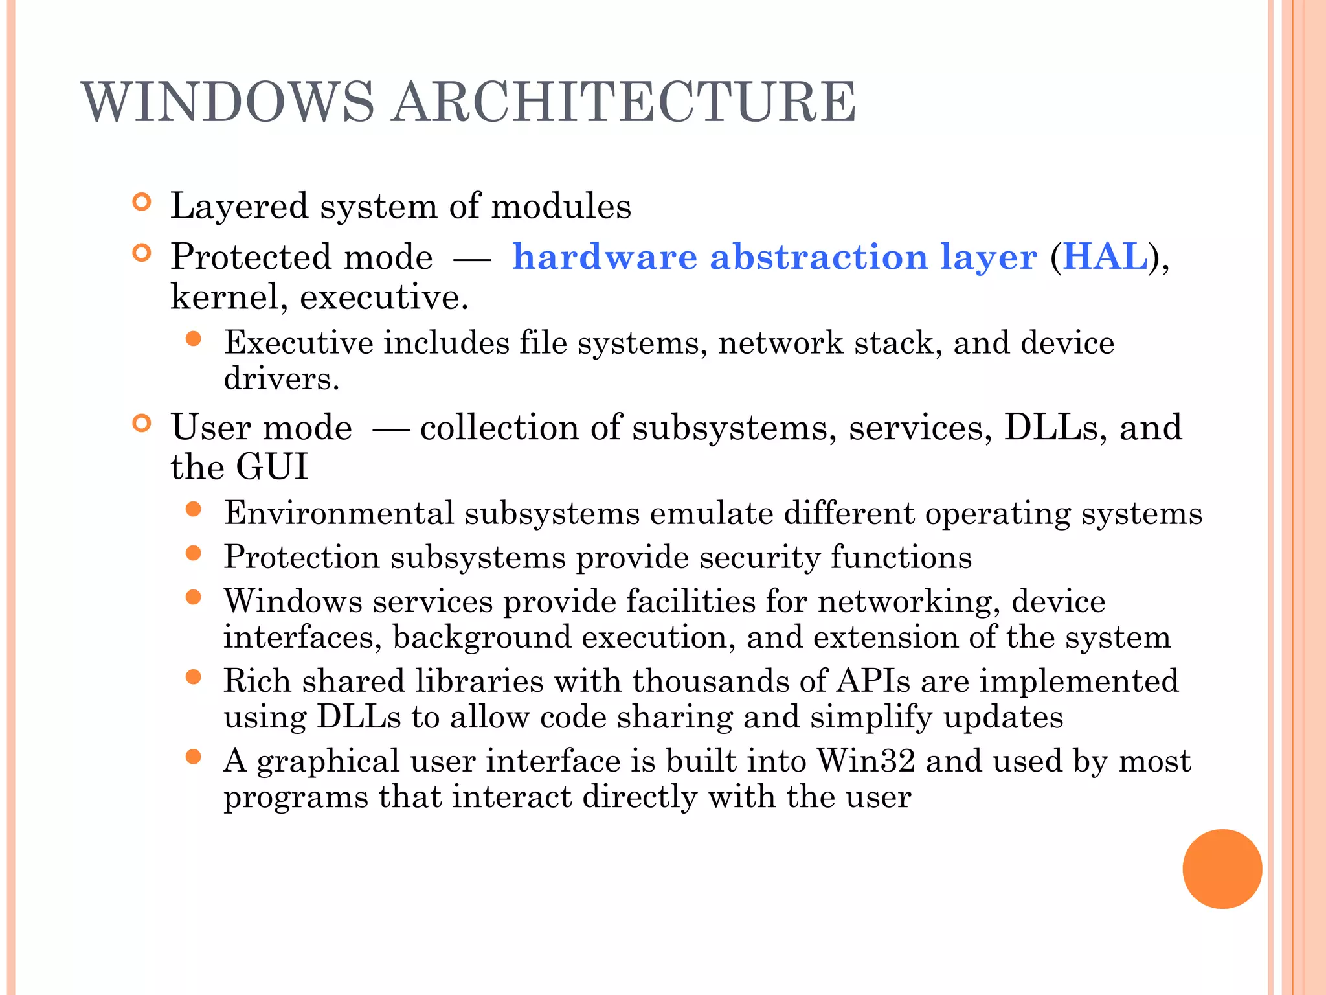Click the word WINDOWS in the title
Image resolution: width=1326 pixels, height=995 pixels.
pyautogui.click(x=228, y=102)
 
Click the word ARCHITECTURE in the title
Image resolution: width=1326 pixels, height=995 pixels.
pyautogui.click(x=625, y=102)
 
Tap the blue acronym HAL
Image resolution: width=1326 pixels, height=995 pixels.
pyautogui.click(x=1105, y=257)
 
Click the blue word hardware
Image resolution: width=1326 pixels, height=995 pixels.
pyautogui.click(x=605, y=257)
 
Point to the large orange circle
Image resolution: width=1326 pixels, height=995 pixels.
pyautogui.click(x=1222, y=869)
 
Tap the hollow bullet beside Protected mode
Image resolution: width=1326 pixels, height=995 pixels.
pyautogui.click(x=141, y=253)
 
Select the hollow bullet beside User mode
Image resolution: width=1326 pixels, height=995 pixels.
pyautogui.click(x=141, y=424)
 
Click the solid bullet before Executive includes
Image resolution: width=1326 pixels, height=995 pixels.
pyautogui.click(x=193, y=339)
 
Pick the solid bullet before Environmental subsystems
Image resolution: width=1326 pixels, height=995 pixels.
pyautogui.click(x=193, y=509)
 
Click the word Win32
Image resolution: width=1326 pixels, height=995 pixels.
pyautogui.click(x=866, y=761)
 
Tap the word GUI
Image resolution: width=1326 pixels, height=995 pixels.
pyautogui.click(x=272, y=467)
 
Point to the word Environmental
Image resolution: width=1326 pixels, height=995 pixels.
pyautogui.click(x=339, y=514)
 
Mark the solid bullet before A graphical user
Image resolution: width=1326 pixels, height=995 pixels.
pyautogui.click(x=193, y=757)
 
